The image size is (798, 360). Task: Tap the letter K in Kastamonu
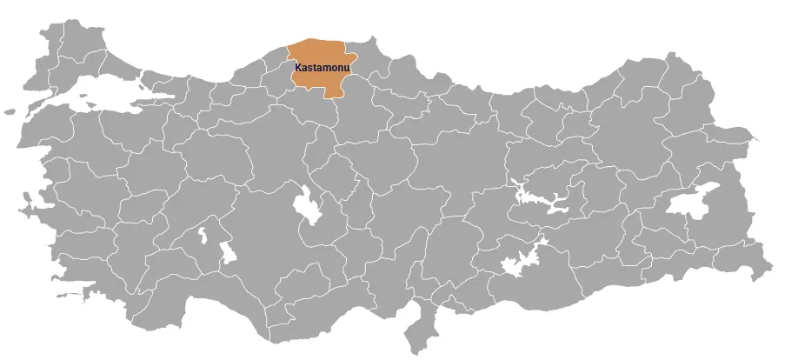click(x=298, y=67)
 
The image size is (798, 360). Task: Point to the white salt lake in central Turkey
click(x=307, y=205)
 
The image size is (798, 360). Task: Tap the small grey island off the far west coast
click(x=10, y=111)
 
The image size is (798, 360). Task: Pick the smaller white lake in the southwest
click(x=203, y=236)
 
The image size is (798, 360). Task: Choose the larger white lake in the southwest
click(x=228, y=253)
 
